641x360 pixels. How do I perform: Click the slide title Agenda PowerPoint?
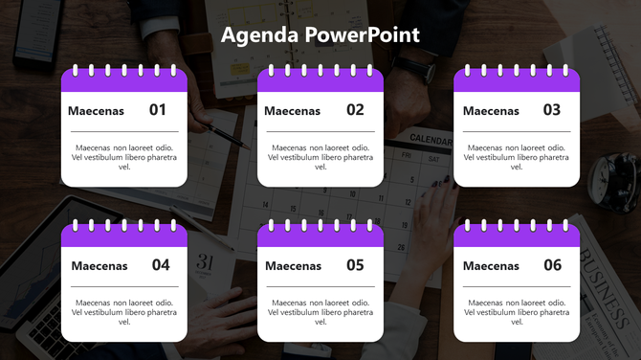coord(320,35)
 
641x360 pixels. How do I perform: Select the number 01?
coord(158,110)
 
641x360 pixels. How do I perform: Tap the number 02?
coord(355,110)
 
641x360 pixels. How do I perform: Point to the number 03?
coord(552,110)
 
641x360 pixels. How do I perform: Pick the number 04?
coord(161,265)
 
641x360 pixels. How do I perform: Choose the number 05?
coord(355,265)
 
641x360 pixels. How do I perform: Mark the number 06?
coord(552,265)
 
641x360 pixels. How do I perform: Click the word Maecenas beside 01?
coord(96,111)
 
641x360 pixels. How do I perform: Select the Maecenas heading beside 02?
coord(292,111)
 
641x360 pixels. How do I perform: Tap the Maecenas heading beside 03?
coord(491,111)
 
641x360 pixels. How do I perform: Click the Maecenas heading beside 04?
coord(99,266)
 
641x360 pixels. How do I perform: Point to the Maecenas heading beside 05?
coord(293,266)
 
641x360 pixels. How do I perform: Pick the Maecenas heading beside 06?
coord(491,266)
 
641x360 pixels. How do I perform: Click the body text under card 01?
coord(124,157)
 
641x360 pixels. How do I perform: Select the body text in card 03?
coord(517,157)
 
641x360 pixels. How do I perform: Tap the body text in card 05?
coord(320,312)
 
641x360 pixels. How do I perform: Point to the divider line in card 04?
coord(124,286)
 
